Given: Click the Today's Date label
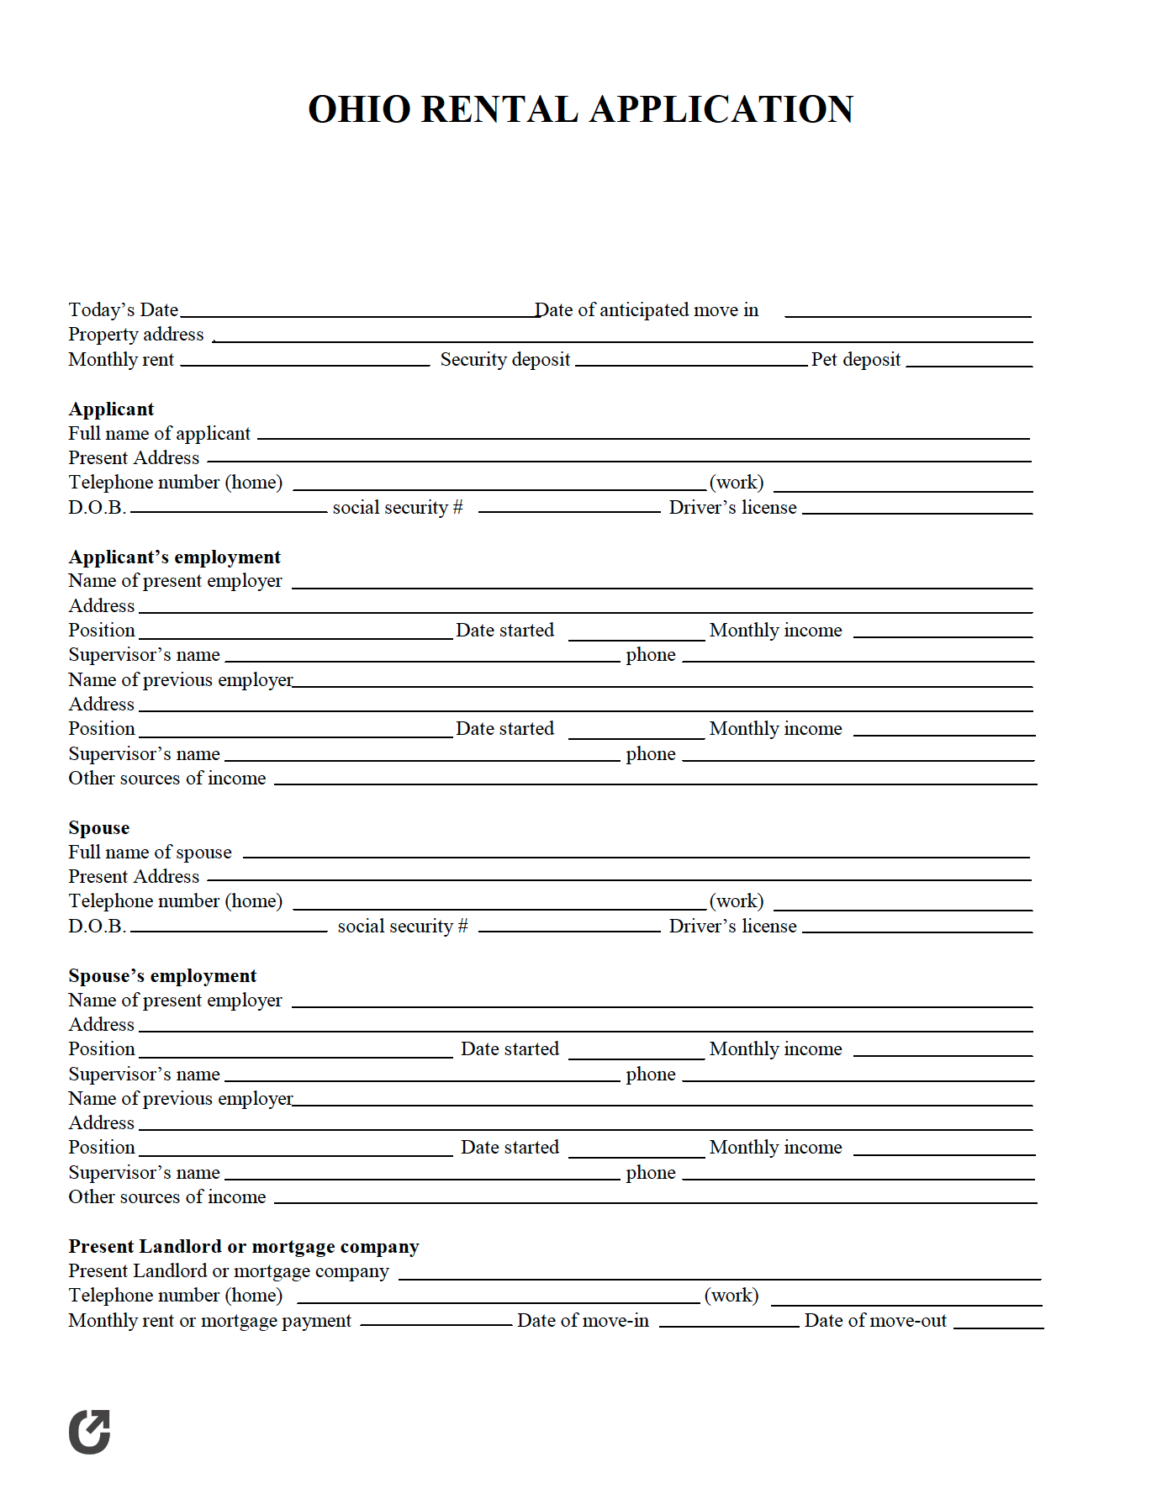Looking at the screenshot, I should tap(124, 310).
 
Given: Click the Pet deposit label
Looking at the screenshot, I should tap(855, 360).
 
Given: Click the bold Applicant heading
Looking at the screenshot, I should tap(111, 409).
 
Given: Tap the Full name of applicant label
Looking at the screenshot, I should tap(159, 434).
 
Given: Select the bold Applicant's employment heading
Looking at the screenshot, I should tap(174, 557).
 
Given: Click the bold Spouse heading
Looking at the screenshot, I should tap(98, 828).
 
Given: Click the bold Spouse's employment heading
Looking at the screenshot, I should tap(162, 976).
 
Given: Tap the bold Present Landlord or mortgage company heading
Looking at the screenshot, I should tap(243, 1247).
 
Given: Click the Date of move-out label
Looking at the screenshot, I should tap(874, 1321).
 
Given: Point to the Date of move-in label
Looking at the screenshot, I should tap(583, 1321).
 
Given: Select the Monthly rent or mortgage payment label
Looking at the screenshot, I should tap(209, 1321).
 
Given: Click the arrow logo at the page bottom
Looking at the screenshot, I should tap(90, 1431).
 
